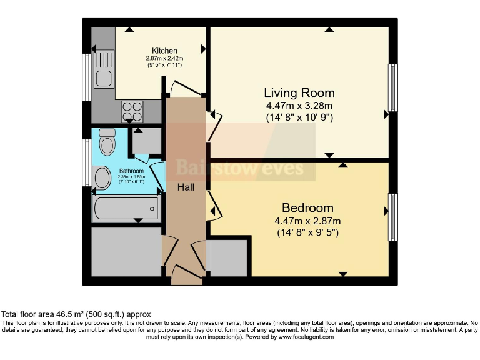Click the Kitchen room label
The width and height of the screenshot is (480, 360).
point(164,51)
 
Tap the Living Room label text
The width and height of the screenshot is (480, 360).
point(299,92)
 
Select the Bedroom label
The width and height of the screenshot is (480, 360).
point(307,208)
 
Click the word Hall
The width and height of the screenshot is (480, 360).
point(186,187)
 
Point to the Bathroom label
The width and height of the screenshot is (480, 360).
point(131,171)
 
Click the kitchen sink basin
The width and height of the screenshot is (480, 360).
point(104,78)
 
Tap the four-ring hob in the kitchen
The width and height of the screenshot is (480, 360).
point(132,111)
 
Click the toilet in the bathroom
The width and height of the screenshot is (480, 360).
point(107,141)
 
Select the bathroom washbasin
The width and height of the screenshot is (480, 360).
point(102,177)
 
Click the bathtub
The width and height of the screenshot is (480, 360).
point(126,209)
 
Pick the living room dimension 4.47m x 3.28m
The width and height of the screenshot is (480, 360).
point(299,106)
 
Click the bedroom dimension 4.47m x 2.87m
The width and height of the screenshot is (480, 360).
point(307,221)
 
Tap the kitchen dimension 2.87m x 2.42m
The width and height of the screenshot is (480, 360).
point(164,58)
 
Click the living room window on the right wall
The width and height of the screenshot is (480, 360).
point(393,88)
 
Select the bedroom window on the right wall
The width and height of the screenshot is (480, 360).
point(393,217)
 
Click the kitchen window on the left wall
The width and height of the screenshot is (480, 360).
point(87,77)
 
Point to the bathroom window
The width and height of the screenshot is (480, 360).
point(87,162)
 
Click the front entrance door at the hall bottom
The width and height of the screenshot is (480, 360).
point(187,272)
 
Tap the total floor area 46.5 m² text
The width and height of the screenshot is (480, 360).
point(76,314)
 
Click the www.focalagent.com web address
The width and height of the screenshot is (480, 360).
point(306,337)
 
